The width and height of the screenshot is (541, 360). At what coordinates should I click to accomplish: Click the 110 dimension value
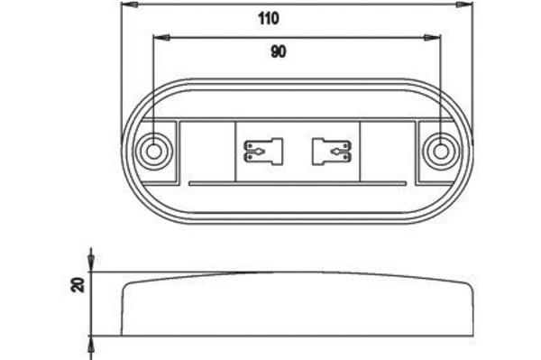tap(269, 19)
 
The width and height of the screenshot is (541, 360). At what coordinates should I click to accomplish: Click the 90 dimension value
tap(279, 51)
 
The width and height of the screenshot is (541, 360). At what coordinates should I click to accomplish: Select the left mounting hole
tap(153, 152)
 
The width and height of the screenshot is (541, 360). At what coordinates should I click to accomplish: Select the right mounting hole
tap(441, 152)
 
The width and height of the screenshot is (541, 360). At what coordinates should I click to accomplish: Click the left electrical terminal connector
tap(263, 152)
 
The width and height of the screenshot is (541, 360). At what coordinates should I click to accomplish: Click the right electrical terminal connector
tap(332, 152)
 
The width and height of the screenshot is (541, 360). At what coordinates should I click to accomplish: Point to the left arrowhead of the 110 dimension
tap(129, 5)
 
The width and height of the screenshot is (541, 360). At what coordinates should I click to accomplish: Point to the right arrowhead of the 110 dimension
tap(465, 5)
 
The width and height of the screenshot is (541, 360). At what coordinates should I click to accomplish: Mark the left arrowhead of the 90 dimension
tap(161, 37)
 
